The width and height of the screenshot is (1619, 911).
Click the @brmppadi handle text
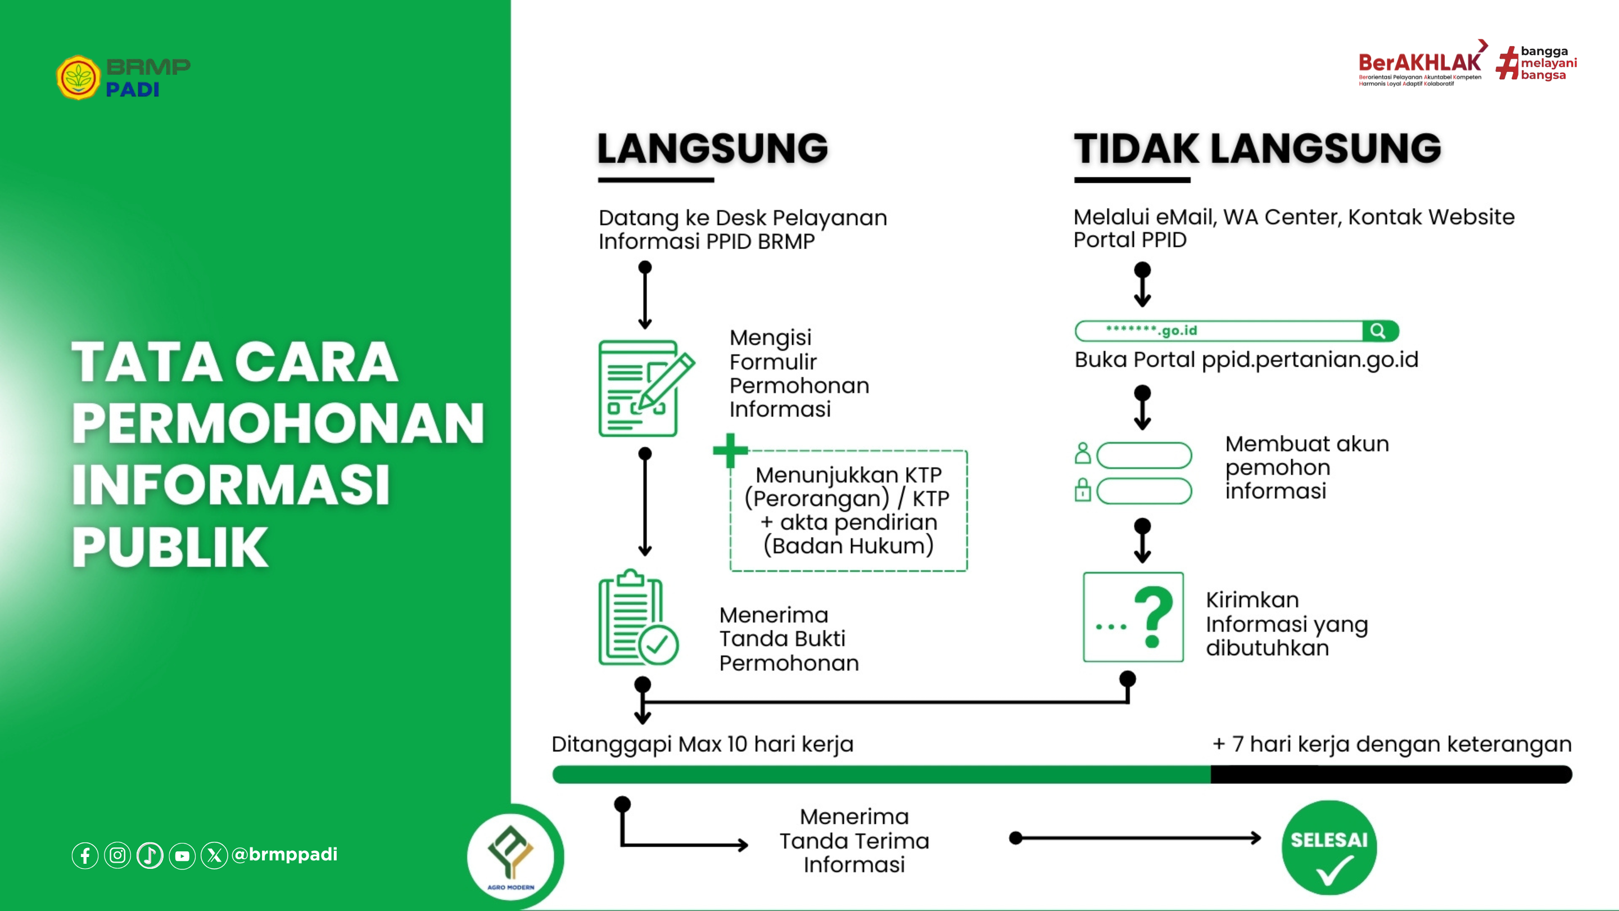tap(284, 854)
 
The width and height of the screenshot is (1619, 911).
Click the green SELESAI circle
tap(1328, 847)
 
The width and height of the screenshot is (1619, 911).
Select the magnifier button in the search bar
tap(1378, 331)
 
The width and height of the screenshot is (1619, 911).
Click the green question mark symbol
tap(1154, 616)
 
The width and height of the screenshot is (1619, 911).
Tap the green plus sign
tap(730, 450)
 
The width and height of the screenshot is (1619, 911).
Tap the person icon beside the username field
tap(1082, 453)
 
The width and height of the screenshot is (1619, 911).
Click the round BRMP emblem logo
tap(78, 78)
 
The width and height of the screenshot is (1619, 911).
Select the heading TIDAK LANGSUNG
tap(1257, 149)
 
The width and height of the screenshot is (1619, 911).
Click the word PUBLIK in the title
tap(170, 547)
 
